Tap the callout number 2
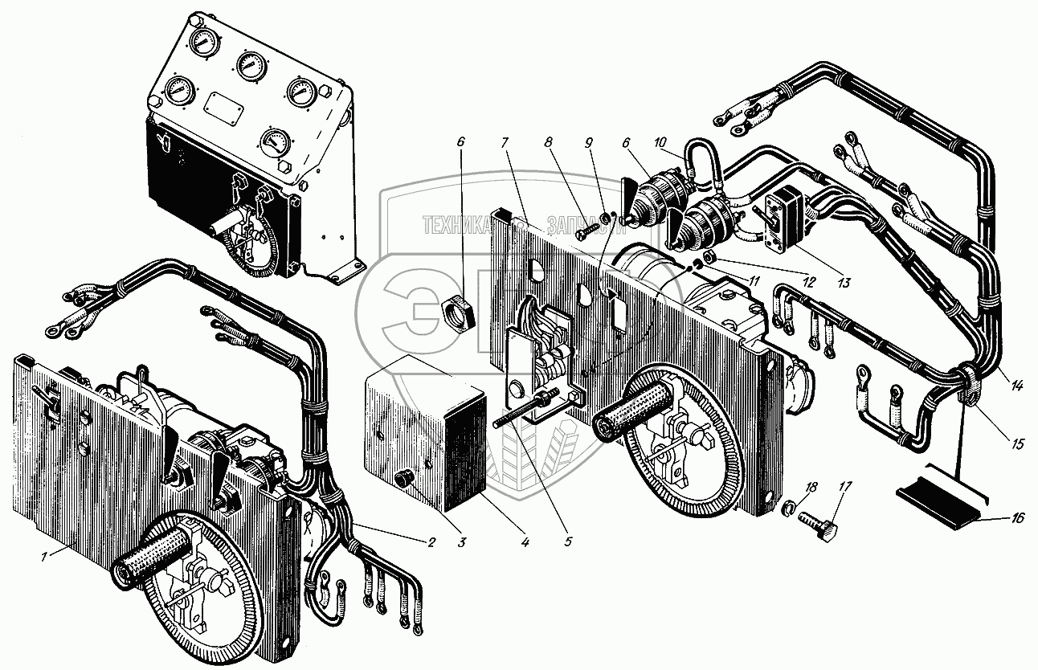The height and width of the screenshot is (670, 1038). click(431, 542)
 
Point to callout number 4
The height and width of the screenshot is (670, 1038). click(525, 542)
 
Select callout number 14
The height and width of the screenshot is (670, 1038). click(1017, 386)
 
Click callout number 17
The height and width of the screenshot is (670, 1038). click(844, 486)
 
